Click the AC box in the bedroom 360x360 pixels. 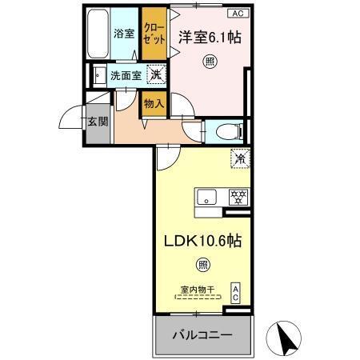(238, 13)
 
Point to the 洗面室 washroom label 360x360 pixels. (126, 77)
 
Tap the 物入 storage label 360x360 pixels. (154, 103)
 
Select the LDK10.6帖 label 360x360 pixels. (204, 239)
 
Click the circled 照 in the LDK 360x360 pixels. (203, 265)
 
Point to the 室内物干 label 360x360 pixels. (198, 291)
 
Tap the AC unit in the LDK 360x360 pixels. (236, 293)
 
